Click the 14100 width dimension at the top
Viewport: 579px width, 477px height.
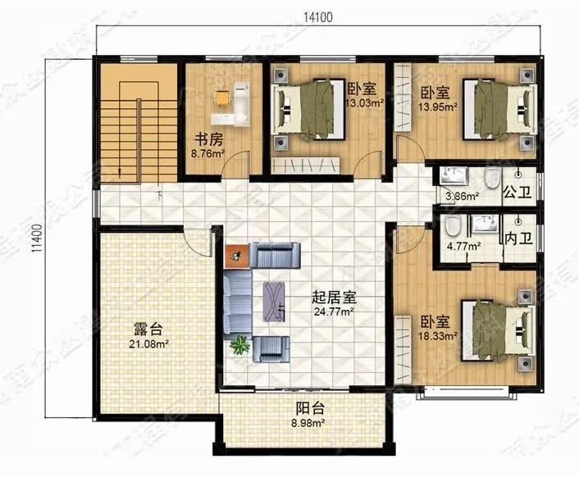pyautogui.click(x=317, y=16)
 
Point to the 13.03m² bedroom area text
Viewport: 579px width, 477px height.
pyautogui.click(x=365, y=103)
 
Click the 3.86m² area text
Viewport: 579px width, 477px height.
pyautogui.click(x=461, y=197)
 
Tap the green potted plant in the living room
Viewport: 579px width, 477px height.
pyautogui.click(x=240, y=345)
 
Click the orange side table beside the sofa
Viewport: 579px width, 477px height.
pyautogui.click(x=236, y=257)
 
